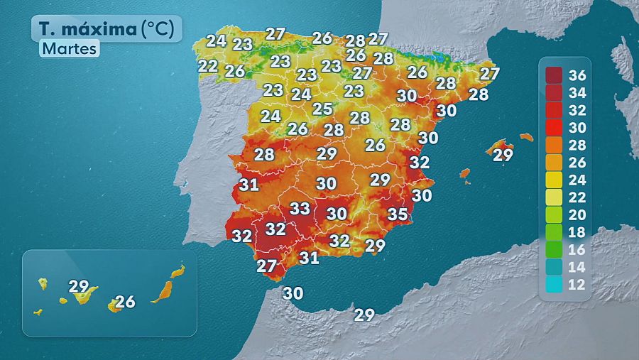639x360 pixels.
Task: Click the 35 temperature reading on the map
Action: point(398,214)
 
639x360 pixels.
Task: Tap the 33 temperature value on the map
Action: point(300,209)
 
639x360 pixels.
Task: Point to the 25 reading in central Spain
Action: point(322,109)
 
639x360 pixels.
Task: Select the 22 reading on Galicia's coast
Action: point(208,66)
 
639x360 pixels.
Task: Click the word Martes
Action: point(69,49)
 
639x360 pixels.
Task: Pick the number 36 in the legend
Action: point(577,75)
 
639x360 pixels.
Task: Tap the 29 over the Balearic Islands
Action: point(503,155)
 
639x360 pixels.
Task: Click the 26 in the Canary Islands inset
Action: point(125,302)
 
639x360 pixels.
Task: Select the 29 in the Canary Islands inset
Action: point(78,287)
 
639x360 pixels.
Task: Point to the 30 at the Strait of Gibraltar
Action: point(293,293)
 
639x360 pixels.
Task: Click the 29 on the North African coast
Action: point(364,315)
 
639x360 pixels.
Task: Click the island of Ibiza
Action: point(465,173)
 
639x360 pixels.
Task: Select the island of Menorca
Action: point(526,136)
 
